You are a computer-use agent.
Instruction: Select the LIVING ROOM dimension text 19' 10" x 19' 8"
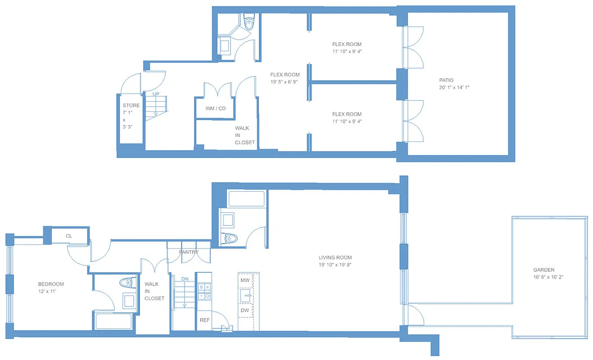click(335, 265)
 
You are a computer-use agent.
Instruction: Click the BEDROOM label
click(51, 284)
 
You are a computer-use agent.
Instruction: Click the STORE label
click(131, 105)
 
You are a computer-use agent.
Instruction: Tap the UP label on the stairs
click(156, 94)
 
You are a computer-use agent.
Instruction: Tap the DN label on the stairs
click(184, 279)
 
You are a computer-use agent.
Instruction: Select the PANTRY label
click(189, 252)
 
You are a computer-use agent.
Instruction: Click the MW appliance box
click(245, 280)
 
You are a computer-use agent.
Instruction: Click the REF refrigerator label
click(204, 320)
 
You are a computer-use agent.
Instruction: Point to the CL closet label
click(69, 236)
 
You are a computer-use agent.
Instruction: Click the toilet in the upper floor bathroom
click(249, 21)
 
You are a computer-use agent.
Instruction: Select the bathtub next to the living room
click(247, 198)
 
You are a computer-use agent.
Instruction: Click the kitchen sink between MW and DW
click(245, 295)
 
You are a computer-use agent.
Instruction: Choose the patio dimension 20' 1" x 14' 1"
click(455, 87)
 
